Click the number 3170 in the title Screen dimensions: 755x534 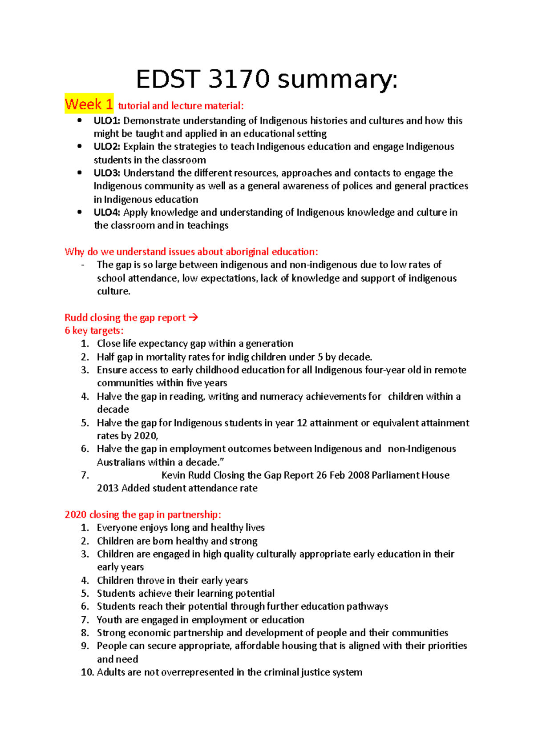pyautogui.click(x=239, y=80)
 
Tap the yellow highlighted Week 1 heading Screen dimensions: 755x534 pyautogui.click(x=89, y=104)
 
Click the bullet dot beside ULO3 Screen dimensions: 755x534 pyautogui.click(x=80, y=173)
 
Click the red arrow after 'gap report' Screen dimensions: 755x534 pyautogui.click(x=193, y=317)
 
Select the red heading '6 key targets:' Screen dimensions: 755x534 pyautogui.click(x=94, y=330)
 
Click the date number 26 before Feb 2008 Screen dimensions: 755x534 pyautogui.click(x=321, y=475)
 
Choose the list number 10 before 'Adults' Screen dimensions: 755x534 pyautogui.click(x=87, y=672)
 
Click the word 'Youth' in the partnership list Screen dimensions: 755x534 pyautogui.click(x=109, y=620)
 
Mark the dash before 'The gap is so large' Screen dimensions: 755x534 pyautogui.click(x=83, y=265)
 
